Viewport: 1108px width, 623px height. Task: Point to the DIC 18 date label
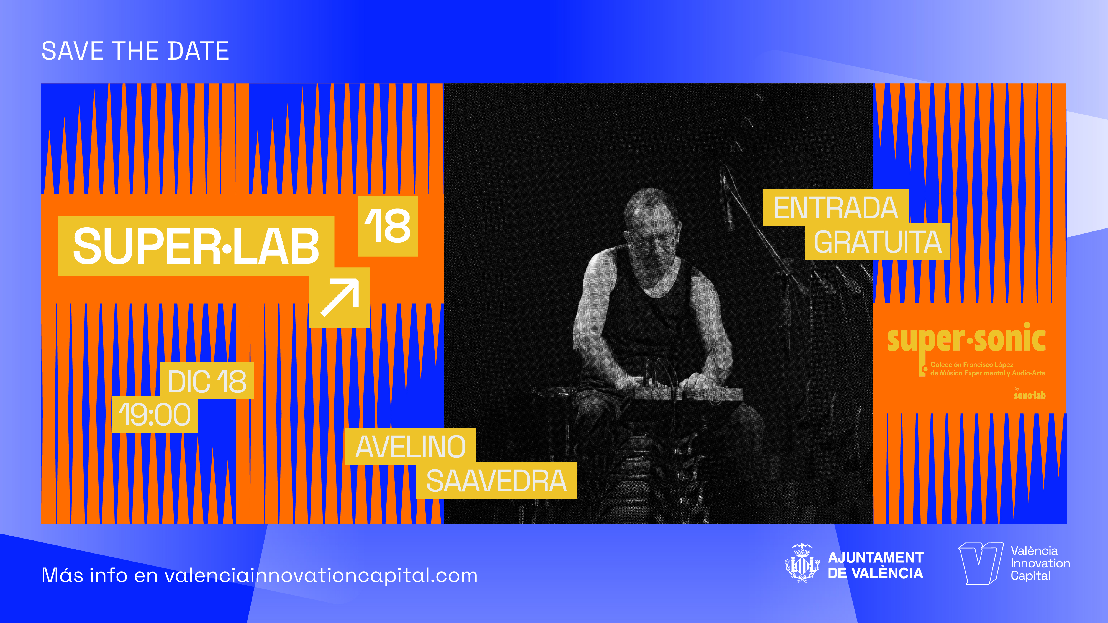[x=207, y=381]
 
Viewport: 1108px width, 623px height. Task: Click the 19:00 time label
[x=154, y=415]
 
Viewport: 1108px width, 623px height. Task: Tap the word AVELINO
[x=410, y=447]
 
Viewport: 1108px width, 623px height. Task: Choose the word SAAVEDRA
[x=496, y=481]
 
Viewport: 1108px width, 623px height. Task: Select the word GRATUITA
[x=878, y=242]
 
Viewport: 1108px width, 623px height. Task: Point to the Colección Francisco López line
[x=972, y=365]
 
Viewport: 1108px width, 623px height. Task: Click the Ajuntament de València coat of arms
[x=802, y=563]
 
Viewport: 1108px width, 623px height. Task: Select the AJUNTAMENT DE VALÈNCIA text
[x=875, y=565]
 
